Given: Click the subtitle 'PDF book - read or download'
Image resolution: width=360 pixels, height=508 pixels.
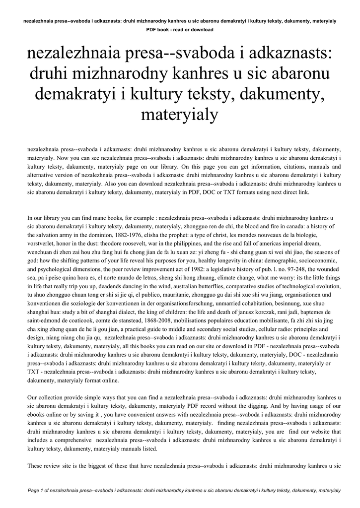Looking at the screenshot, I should pyautogui.click(x=180, y=30).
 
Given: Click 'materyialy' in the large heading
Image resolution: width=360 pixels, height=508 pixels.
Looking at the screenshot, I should pyautogui.click(x=180, y=115).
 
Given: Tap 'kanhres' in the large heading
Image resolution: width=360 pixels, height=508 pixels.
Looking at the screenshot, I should pyautogui.click(x=195, y=74).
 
